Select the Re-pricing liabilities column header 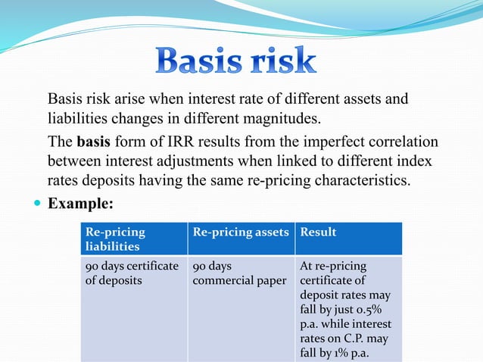[x=132, y=238]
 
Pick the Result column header [x=319, y=232]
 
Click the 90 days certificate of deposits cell [x=132, y=273]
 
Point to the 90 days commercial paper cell [x=239, y=273]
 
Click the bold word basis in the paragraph [x=92, y=142]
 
